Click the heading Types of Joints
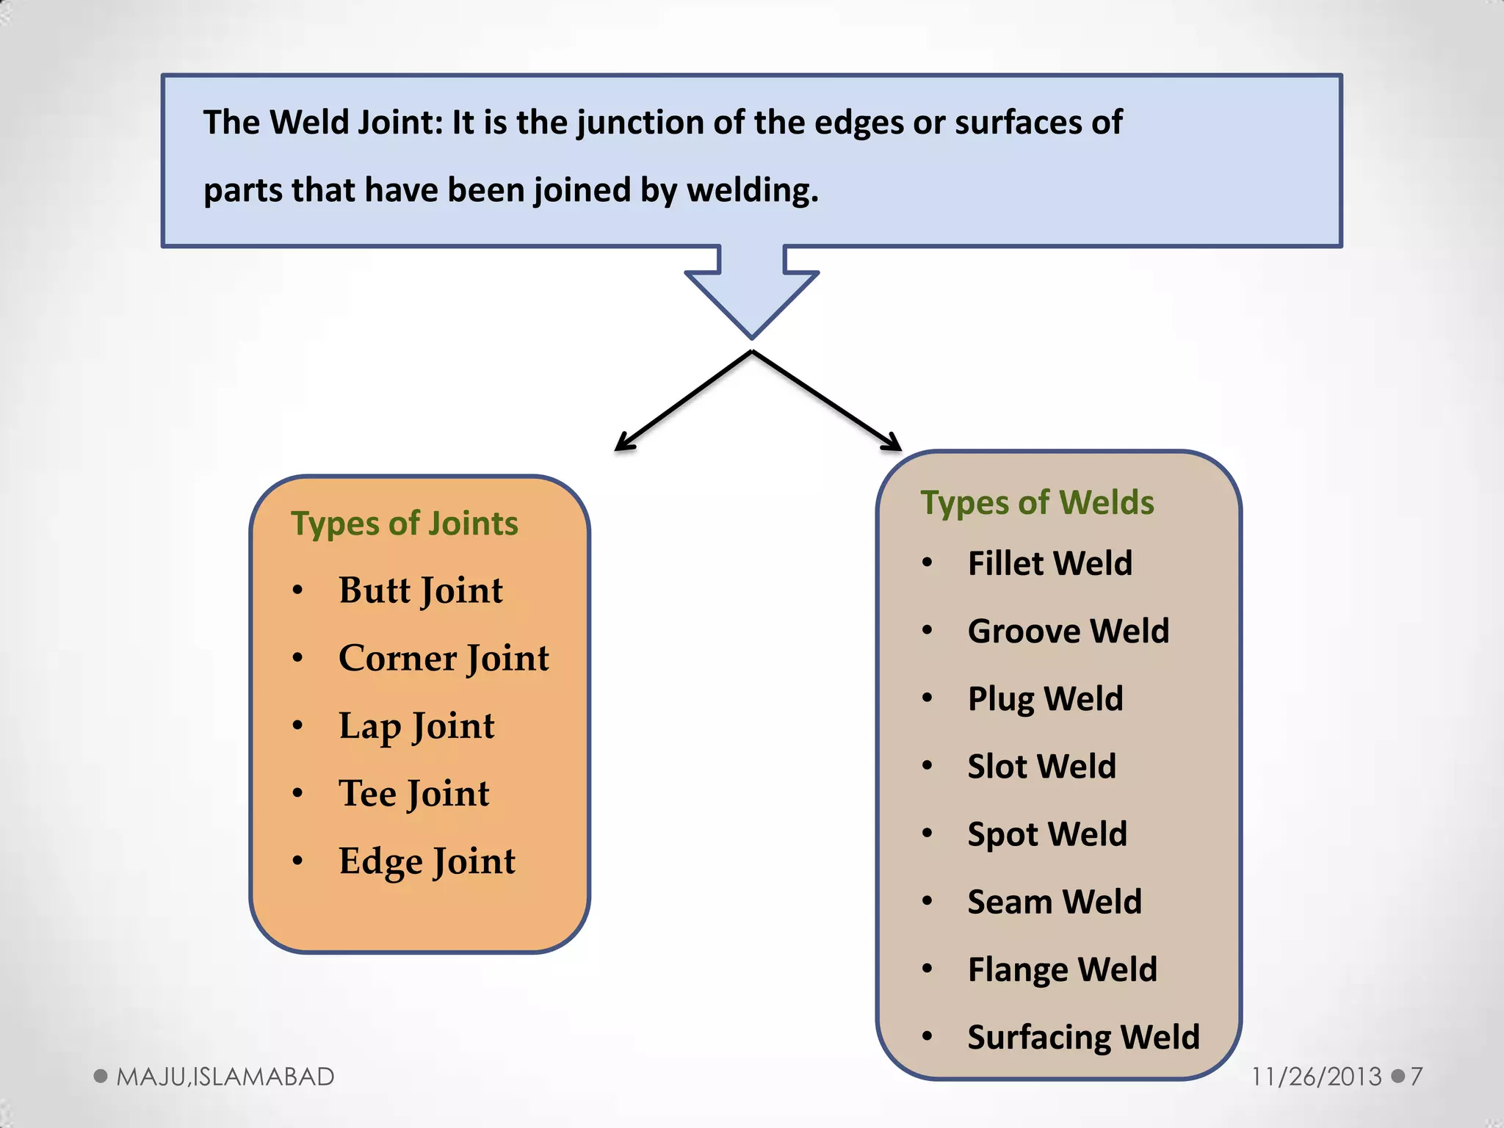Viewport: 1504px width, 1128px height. tap(405, 524)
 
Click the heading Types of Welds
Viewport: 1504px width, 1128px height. tap(1037, 503)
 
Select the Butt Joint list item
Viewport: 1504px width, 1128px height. tap(421, 590)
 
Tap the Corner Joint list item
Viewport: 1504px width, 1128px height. tap(444, 658)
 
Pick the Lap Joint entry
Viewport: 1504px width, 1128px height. tap(416, 726)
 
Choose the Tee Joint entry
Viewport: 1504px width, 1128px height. tap(413, 794)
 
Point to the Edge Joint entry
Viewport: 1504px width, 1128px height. tap(427, 861)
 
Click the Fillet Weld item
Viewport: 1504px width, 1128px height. tap(1050, 564)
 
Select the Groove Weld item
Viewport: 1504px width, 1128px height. tap(1068, 632)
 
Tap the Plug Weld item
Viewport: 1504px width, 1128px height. tap(1045, 699)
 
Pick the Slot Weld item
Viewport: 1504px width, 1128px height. tap(1041, 767)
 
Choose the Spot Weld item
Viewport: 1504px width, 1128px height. tap(1046, 834)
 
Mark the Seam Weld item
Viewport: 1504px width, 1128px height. tap(1055, 902)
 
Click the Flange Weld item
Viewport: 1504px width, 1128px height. tap(1062, 969)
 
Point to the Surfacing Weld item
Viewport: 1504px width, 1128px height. tap(1083, 1038)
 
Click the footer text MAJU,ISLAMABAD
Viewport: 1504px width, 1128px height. tap(225, 1077)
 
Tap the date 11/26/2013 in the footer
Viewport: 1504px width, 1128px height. tap(1316, 1077)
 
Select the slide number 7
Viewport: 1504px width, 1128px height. tap(1417, 1077)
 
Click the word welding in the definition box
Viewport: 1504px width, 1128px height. tap(752, 191)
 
